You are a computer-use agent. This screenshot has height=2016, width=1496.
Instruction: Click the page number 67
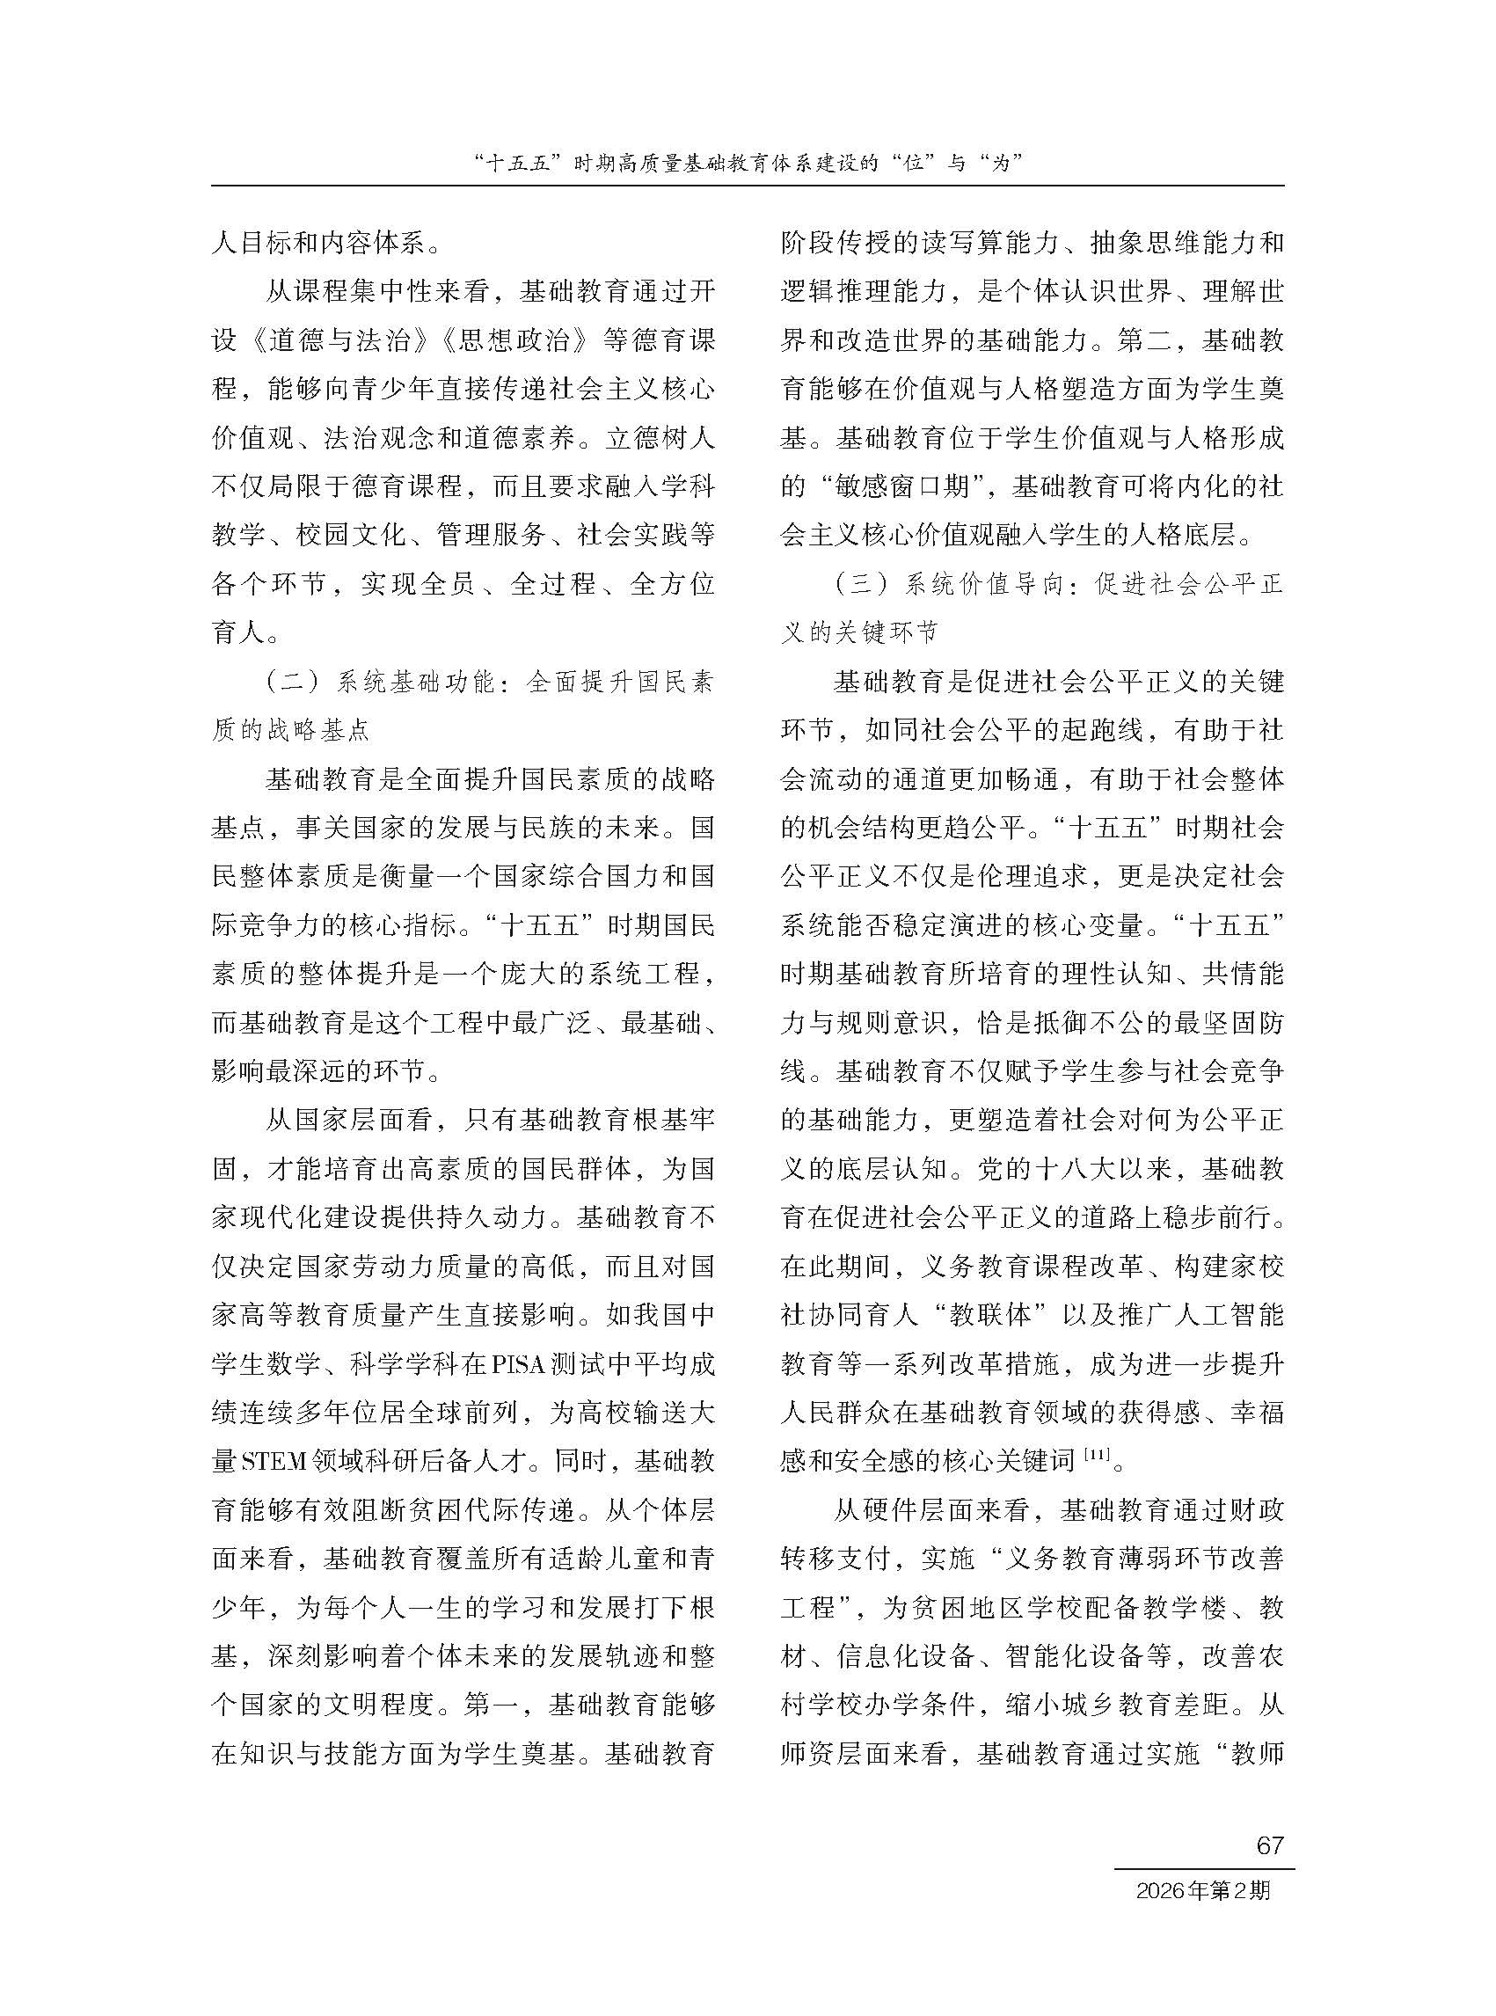coord(1270,1844)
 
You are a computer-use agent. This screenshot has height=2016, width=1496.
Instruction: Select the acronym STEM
coord(274,1461)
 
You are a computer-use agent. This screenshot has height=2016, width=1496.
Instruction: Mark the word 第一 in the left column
coord(492,1706)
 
